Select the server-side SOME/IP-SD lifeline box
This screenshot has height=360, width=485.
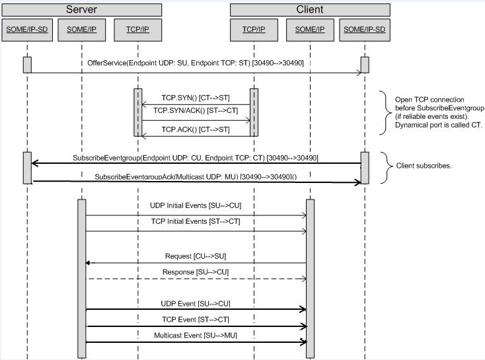[x=26, y=30]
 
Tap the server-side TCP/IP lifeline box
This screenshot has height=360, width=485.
[x=137, y=30]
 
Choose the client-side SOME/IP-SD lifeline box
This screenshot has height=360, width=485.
[x=365, y=30]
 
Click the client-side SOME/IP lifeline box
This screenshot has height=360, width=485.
[x=309, y=30]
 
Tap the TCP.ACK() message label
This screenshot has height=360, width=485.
[x=196, y=129]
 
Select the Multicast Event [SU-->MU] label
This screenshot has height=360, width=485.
[x=196, y=336]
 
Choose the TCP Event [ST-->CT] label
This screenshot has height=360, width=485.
[x=196, y=320]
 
